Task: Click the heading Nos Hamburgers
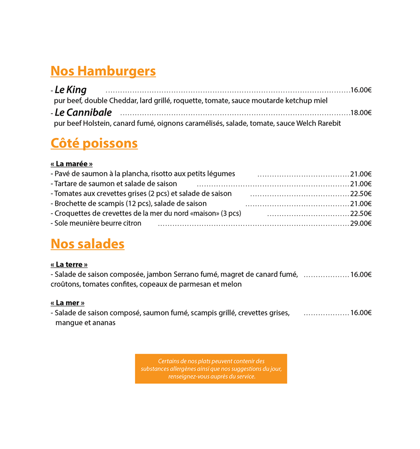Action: click(x=103, y=71)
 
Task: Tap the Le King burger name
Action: click(x=71, y=90)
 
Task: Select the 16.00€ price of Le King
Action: click(x=361, y=90)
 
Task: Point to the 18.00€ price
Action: click(x=361, y=113)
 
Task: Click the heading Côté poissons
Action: click(x=94, y=143)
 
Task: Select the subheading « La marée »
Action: click(x=72, y=164)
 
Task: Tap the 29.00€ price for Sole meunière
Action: click(x=361, y=224)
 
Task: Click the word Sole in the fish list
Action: click(x=61, y=224)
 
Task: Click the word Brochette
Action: click(x=70, y=203)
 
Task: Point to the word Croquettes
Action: click(x=72, y=214)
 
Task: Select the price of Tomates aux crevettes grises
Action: click(x=361, y=194)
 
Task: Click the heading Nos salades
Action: click(x=88, y=244)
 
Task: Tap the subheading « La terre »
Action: click(x=69, y=264)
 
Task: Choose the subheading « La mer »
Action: click(x=68, y=303)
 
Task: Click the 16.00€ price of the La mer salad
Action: click(x=361, y=313)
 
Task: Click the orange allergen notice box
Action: click(x=211, y=369)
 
